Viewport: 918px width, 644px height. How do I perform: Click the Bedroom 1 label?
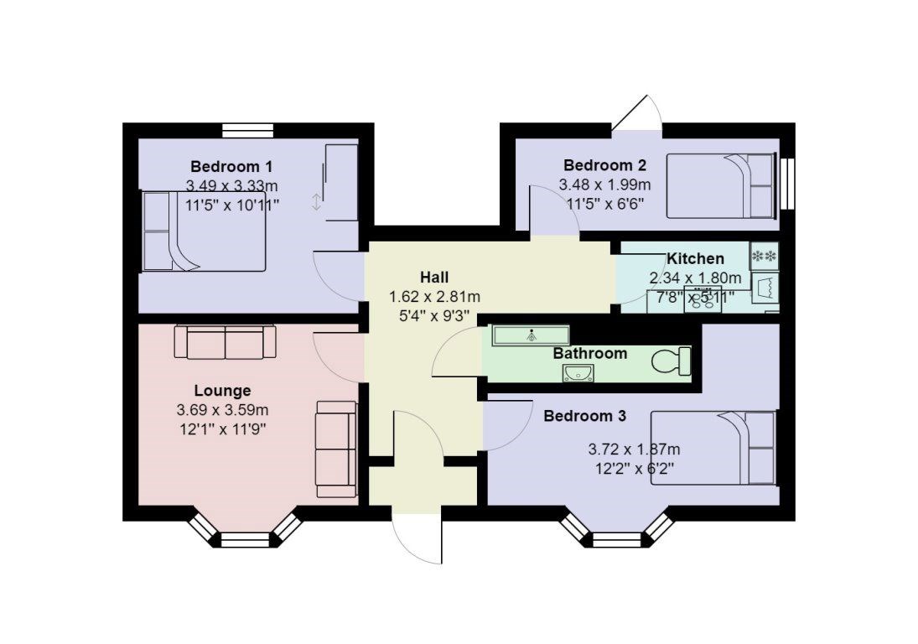coord(231,166)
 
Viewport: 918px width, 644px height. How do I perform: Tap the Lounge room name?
coord(222,391)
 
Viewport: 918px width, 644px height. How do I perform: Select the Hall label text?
coord(434,277)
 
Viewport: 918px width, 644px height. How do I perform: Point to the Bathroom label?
coord(589,354)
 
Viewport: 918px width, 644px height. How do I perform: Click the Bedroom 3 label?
coord(584,416)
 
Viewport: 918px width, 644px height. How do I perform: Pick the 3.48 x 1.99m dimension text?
coord(604,185)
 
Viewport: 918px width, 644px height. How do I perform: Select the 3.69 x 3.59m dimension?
coord(222,410)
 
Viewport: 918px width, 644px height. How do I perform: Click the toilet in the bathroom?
coord(672,361)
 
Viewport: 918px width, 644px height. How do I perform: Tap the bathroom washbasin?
coord(578,372)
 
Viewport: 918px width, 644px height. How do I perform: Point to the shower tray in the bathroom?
coord(531,335)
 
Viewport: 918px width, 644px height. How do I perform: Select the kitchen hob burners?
coord(703,299)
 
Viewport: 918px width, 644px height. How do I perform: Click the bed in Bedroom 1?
coord(204,231)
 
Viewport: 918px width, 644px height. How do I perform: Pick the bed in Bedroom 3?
coord(713,449)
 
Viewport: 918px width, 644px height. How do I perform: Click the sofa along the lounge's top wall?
coord(226,342)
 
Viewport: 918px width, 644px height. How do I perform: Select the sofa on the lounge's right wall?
coord(336,449)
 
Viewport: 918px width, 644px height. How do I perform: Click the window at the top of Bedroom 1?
coord(247,131)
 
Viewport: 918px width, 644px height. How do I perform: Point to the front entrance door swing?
coord(417,540)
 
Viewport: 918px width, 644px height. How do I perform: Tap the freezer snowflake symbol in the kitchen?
coord(764,257)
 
